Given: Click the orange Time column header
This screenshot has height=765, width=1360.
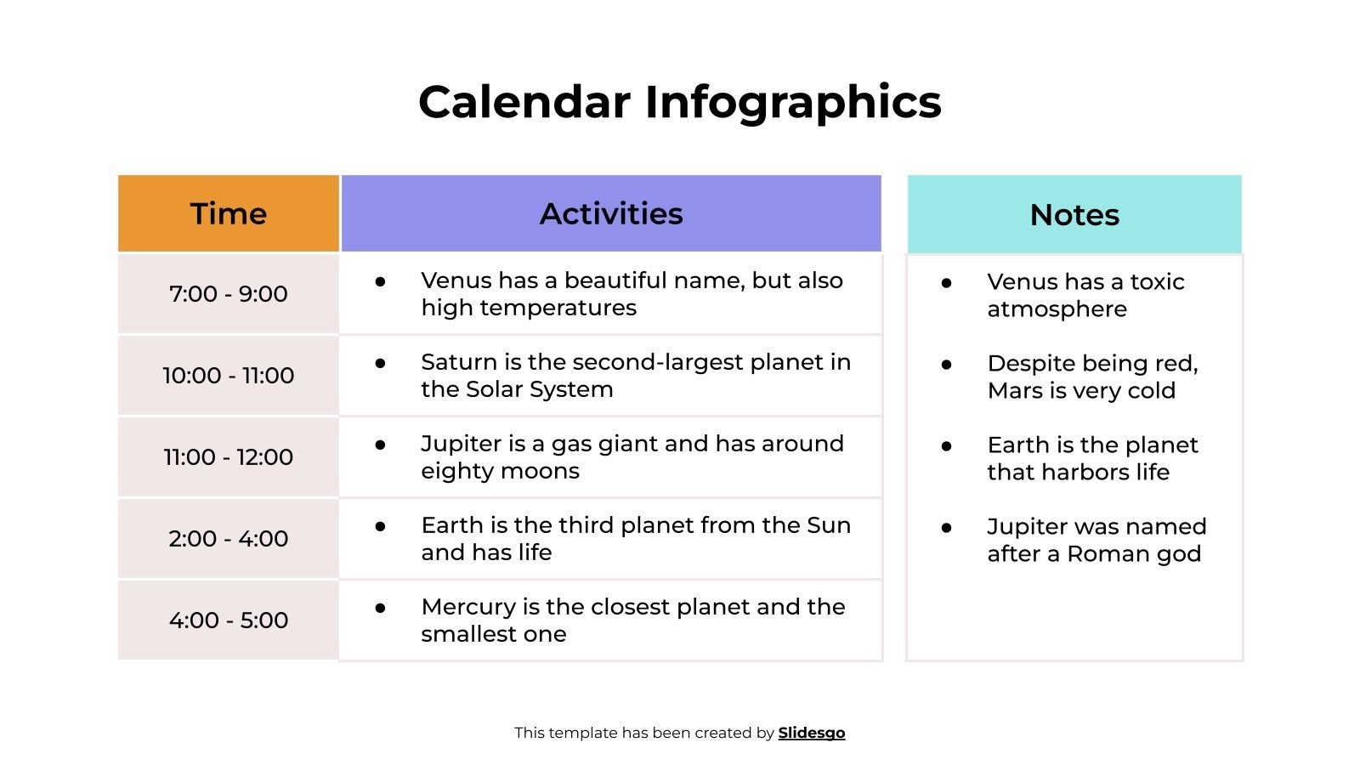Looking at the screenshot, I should coord(228,213).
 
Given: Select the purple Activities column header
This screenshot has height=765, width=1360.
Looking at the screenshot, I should coord(610,213).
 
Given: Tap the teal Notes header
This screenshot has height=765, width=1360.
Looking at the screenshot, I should coord(1074,214).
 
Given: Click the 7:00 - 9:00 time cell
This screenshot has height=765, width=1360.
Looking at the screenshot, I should coord(228,293).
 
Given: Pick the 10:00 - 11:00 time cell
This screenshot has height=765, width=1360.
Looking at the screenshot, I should coord(228,375).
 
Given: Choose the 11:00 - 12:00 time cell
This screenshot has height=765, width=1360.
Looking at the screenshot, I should coord(228,456).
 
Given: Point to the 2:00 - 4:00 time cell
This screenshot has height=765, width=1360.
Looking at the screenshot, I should coord(228,538).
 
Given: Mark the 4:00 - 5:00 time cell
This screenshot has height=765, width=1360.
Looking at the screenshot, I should coord(228,620).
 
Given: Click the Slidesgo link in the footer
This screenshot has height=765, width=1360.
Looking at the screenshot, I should coord(811,733).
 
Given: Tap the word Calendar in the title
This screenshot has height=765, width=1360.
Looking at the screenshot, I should coord(524,102).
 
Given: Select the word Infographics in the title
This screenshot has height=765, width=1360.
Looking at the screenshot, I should coord(792,102).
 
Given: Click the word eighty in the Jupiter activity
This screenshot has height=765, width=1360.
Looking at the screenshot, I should coord(455,471).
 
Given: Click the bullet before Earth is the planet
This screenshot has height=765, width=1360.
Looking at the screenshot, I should coord(946,446).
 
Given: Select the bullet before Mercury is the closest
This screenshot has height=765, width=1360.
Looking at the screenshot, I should coord(380,608).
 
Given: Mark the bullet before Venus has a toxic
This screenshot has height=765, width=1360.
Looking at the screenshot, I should coord(946,283).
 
